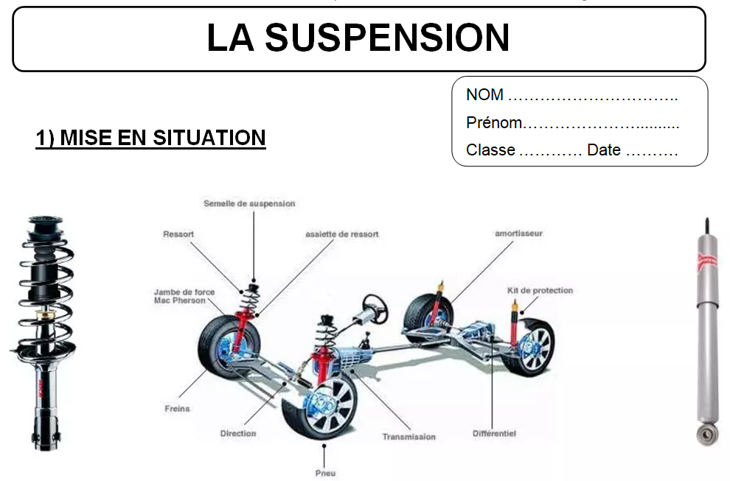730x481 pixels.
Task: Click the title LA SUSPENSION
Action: pos(358,38)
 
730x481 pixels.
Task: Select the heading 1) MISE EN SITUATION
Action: pos(150,138)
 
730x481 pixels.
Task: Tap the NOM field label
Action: pos(484,95)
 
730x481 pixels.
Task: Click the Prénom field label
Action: pos(493,123)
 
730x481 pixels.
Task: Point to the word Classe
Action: pos(490,150)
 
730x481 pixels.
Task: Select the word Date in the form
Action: pos(604,150)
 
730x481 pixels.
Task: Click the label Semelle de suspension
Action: pos(249,203)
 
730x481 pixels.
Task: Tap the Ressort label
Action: pos(178,234)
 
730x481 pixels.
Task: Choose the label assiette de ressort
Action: pos(341,234)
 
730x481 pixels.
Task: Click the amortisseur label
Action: pos(518,234)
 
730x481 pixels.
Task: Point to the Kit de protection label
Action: pos(540,291)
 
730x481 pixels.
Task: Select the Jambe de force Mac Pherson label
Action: pos(184,296)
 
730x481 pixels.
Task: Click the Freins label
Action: pos(177,409)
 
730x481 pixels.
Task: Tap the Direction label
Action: pos(238,434)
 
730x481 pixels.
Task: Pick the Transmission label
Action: pos(409,437)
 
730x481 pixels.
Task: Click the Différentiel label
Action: pos(494,434)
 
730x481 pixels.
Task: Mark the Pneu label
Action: pos(324,473)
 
